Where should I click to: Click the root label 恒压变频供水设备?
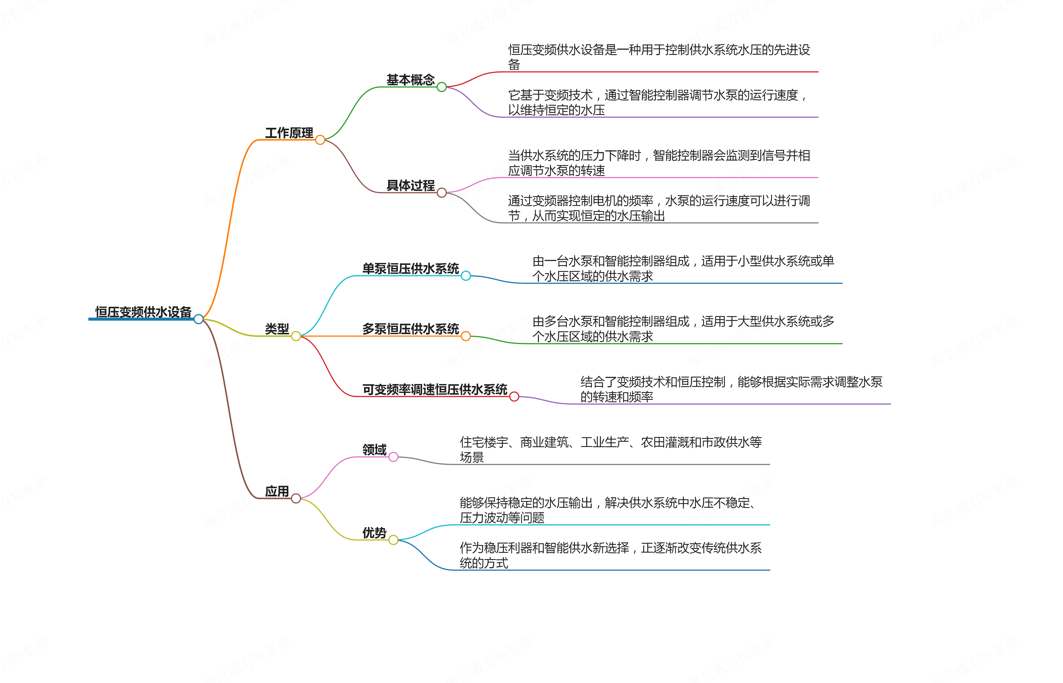[x=143, y=312]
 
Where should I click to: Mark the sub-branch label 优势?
[x=374, y=533]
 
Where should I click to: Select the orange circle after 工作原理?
[x=320, y=140]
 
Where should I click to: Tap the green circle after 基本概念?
[x=442, y=87]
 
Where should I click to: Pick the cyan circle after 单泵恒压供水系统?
[x=466, y=276]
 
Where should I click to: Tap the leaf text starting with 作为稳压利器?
[x=611, y=555]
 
